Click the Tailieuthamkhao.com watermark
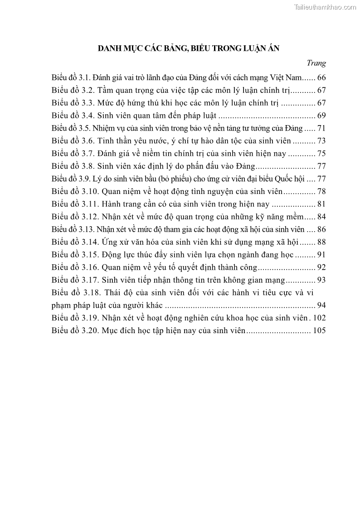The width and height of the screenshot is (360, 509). point(325,7)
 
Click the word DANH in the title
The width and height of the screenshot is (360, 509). point(110,49)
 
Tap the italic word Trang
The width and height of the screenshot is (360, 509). point(316,63)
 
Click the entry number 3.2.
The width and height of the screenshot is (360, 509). point(87,90)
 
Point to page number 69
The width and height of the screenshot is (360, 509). point(321,115)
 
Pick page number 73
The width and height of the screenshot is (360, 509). point(321,141)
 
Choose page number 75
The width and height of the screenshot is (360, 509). point(321,154)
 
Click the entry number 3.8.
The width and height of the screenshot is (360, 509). point(87,166)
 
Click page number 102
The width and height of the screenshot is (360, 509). point(319,317)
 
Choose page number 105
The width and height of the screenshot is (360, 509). point(319,330)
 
